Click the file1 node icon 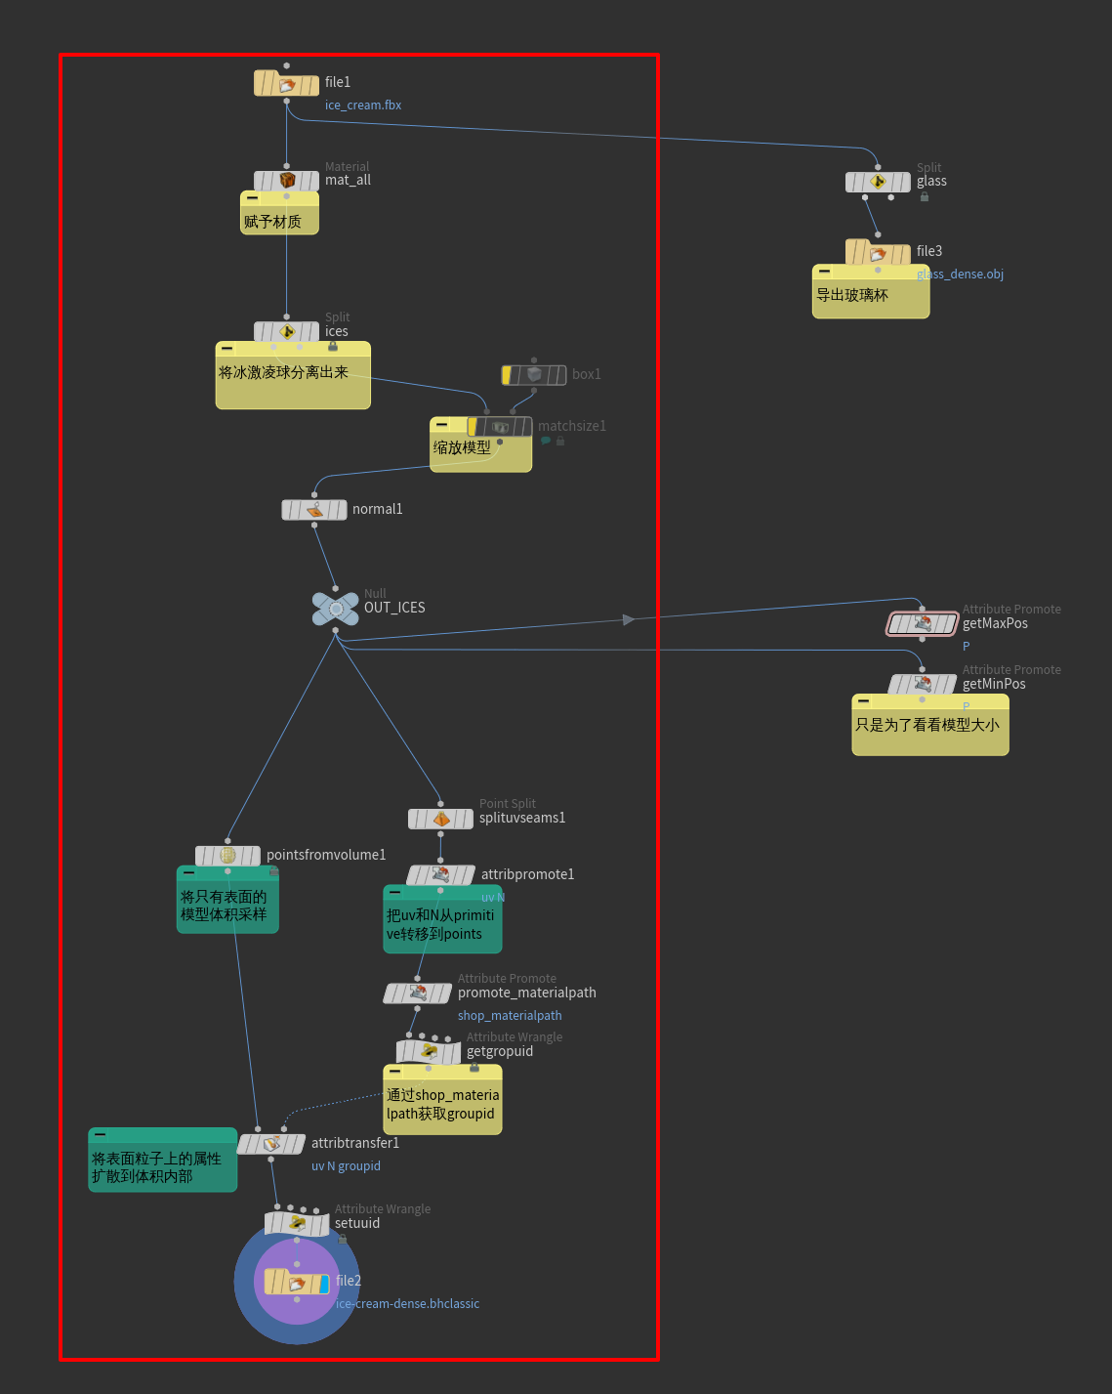286,84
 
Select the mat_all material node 286,181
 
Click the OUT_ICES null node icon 336,609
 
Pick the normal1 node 314,510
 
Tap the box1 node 534,375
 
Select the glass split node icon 878,182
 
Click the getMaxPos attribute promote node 923,623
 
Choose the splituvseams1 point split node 440,819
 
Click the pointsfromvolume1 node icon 227,856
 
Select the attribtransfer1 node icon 271,1143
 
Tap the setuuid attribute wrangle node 297,1223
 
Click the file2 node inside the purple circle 297,1282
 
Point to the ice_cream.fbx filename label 363,106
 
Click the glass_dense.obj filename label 960,275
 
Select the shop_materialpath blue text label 510,1016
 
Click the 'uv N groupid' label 346,1166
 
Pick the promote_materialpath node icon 418,993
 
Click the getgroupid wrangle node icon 429,1052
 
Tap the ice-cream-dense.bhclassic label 407,1304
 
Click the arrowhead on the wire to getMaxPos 629,619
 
